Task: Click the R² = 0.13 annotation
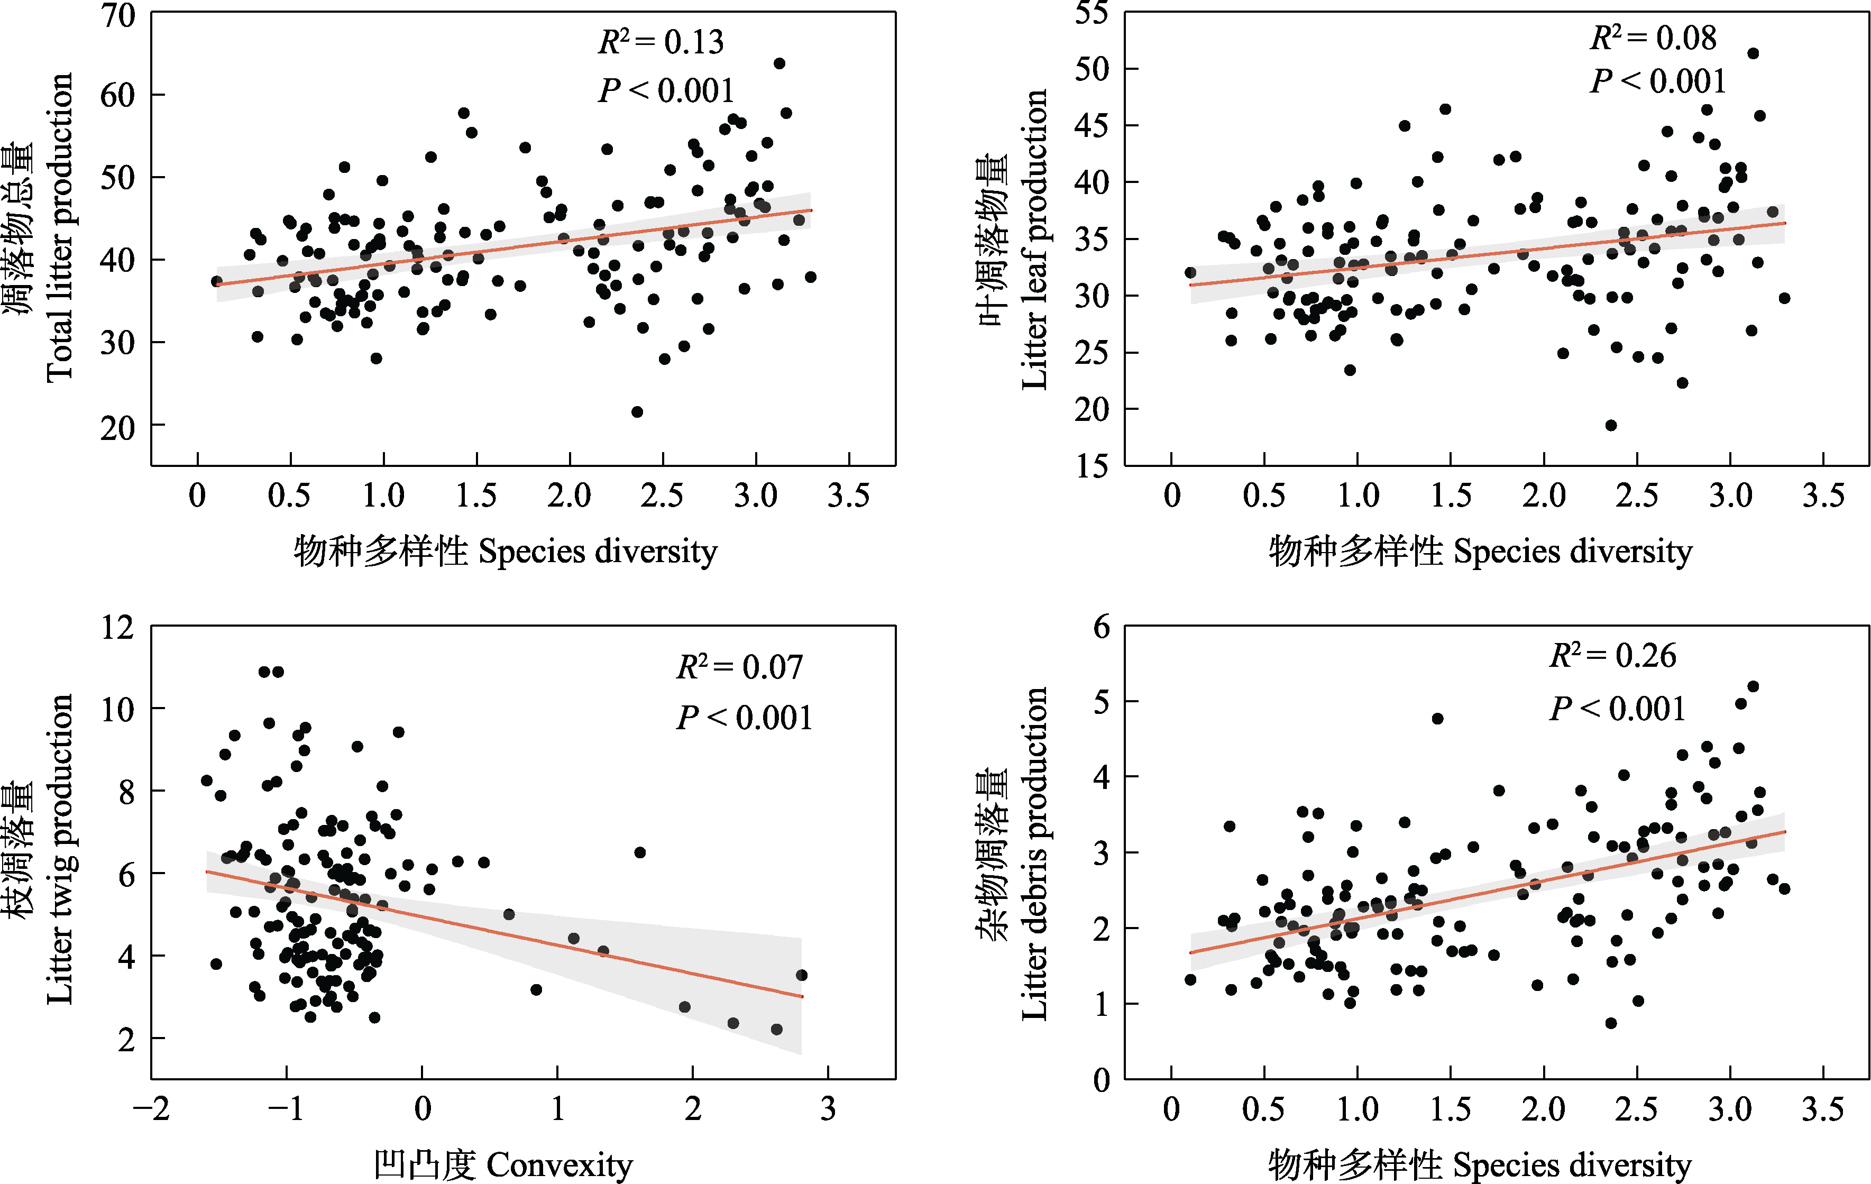[661, 42]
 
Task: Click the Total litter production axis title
[59, 227]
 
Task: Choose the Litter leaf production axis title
[1033, 240]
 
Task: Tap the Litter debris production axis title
[1033, 853]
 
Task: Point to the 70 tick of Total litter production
[117, 15]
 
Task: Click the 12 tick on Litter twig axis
[117, 627]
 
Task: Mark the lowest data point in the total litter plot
[637, 412]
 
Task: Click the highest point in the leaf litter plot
[1753, 53]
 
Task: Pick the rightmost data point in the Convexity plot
[802, 975]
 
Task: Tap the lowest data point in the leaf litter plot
[1611, 426]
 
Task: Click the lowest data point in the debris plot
[1611, 1023]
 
